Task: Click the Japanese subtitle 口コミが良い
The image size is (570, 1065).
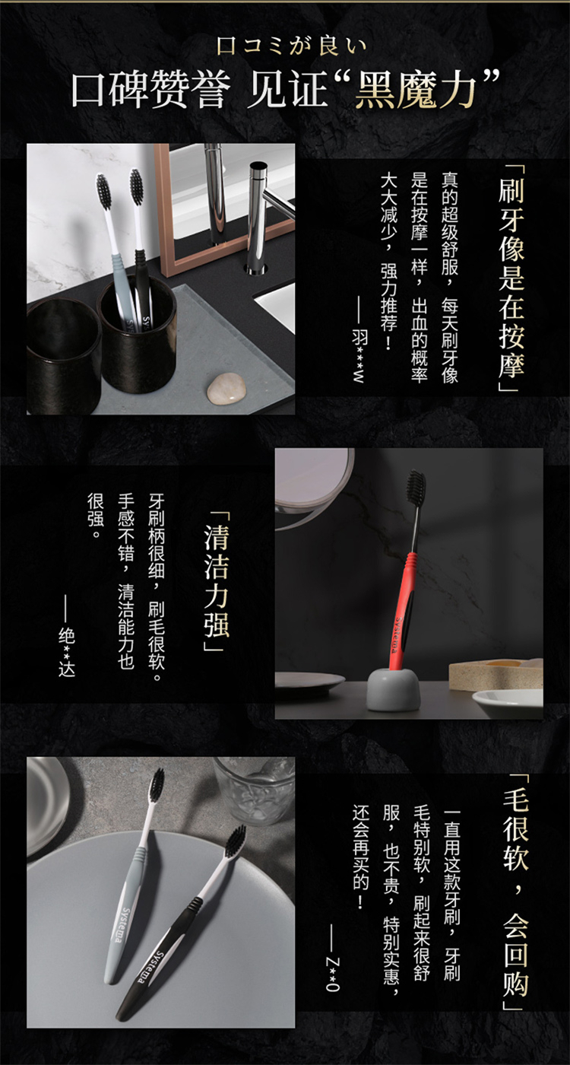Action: tap(292, 46)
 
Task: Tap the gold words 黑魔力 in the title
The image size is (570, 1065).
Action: tap(415, 90)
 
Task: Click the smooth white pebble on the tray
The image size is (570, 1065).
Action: tap(226, 386)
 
